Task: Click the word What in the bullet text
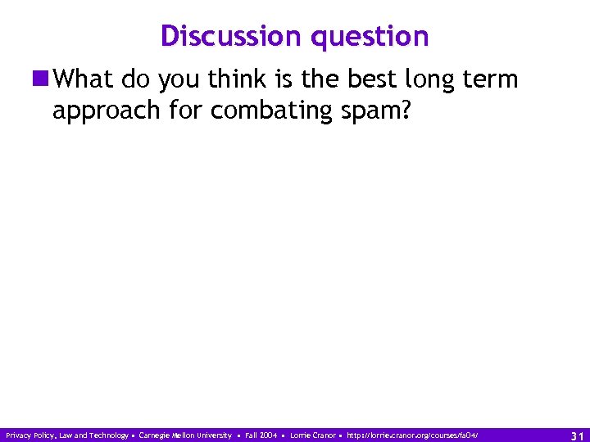tap(85, 79)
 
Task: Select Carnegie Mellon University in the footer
tap(185, 435)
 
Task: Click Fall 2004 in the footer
tap(261, 435)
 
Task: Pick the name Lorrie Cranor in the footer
tap(313, 435)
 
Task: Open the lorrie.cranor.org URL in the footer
tap(412, 435)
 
